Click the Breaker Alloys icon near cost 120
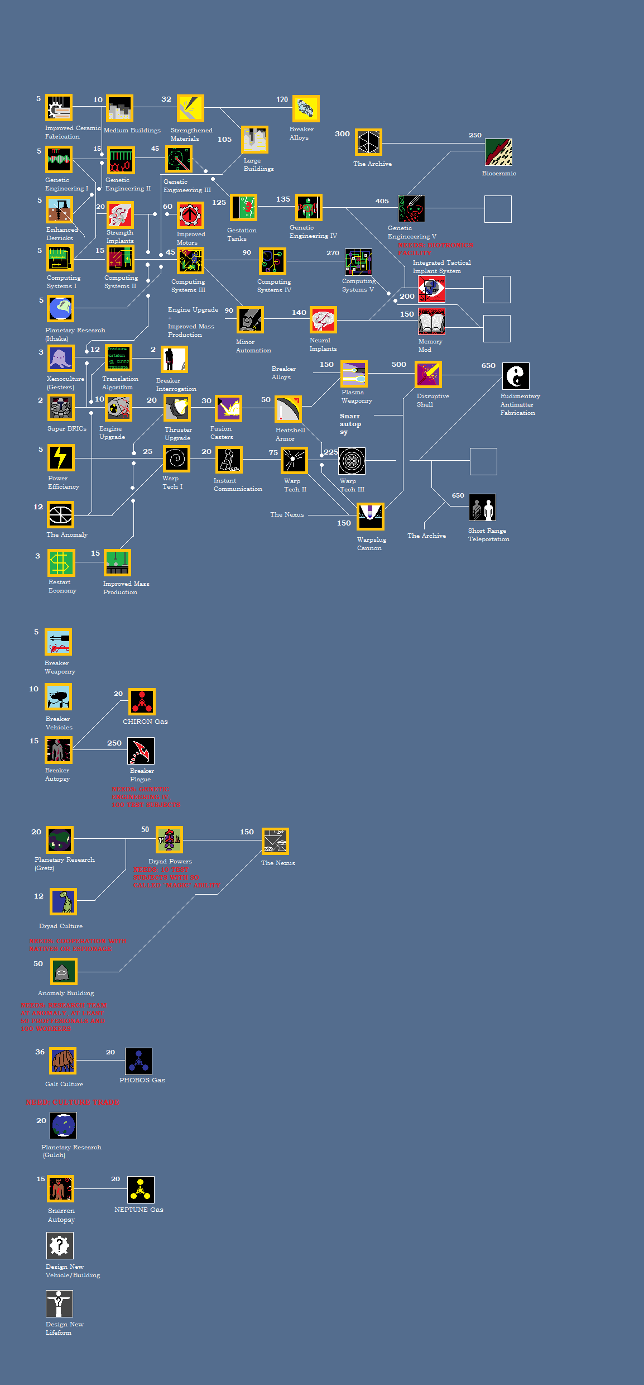(306, 108)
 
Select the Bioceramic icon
(498, 152)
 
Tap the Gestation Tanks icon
(244, 208)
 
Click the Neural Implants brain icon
(324, 320)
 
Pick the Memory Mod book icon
(431, 321)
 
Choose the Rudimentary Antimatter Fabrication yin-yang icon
(516, 376)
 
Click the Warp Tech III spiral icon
(352, 461)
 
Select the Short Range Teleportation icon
(482, 508)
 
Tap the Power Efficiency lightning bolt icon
(61, 458)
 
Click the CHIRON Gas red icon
(142, 701)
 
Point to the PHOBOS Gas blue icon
(138, 1061)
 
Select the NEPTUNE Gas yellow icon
(141, 1190)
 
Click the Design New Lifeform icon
(59, 1303)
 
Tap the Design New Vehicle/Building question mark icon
(60, 1245)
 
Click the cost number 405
(382, 201)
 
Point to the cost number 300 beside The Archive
(342, 134)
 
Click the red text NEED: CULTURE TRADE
(73, 1102)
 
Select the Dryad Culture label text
(61, 926)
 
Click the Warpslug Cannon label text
(371, 543)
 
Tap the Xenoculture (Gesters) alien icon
(61, 359)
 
